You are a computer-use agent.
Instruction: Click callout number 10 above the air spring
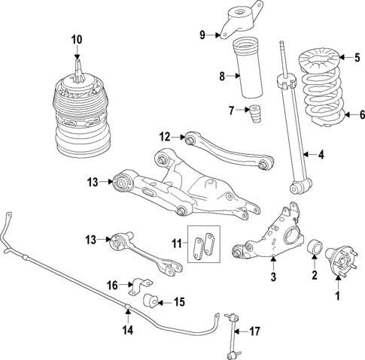(76, 39)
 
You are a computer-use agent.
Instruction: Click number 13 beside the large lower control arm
(92, 180)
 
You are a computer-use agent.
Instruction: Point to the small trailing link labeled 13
(143, 252)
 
